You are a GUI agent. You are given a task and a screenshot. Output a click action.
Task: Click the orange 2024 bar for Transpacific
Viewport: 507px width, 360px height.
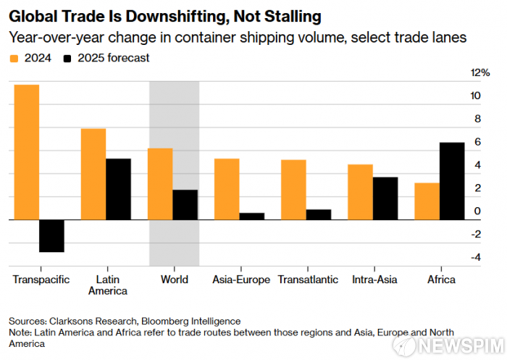(x=27, y=152)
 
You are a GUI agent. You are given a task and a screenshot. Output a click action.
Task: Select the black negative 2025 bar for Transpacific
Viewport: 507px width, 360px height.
(x=52, y=235)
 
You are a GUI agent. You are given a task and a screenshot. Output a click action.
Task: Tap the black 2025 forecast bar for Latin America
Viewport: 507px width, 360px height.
(x=118, y=188)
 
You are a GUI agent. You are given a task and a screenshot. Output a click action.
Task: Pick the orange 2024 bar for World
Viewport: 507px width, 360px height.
(x=160, y=183)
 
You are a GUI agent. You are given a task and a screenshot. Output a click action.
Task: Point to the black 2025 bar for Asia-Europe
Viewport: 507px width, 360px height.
(x=252, y=216)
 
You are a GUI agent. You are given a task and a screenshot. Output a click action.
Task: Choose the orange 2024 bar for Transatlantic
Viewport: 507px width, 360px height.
(x=293, y=189)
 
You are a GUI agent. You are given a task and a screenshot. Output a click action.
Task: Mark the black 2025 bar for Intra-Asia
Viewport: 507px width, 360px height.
(x=385, y=198)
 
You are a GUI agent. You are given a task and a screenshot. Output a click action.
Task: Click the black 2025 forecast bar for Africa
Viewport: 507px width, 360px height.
(x=452, y=180)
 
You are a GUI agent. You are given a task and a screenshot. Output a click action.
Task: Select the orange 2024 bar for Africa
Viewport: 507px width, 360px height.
(x=427, y=201)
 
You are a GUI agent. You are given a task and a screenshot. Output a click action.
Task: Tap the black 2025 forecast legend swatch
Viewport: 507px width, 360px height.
(x=68, y=58)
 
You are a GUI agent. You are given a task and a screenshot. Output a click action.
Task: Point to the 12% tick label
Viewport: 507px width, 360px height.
(x=480, y=73)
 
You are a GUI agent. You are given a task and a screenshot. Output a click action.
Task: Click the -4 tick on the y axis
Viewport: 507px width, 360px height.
(x=476, y=257)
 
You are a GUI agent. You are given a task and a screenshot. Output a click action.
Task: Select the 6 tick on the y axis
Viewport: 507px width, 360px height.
(x=477, y=142)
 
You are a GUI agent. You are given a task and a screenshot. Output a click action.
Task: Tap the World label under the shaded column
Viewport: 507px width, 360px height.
(x=174, y=280)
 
